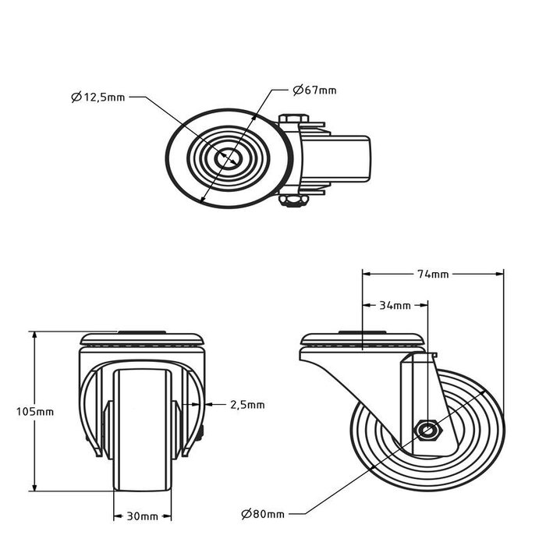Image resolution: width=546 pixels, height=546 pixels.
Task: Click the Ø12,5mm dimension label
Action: [x=97, y=97]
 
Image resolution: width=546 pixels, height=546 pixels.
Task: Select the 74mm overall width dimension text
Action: [x=433, y=274]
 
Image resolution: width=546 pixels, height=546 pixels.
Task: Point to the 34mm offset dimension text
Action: [x=395, y=305]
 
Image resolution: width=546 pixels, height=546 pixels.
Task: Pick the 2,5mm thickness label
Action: [x=247, y=405]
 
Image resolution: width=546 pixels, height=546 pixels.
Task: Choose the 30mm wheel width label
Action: [x=143, y=516]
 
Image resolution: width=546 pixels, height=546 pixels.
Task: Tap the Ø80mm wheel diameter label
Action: [x=262, y=513]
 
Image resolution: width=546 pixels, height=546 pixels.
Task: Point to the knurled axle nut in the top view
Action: [x=294, y=203]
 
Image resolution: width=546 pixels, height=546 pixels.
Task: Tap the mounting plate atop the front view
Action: [x=143, y=339]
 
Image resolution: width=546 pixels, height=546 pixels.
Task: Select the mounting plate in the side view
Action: [x=363, y=340]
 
